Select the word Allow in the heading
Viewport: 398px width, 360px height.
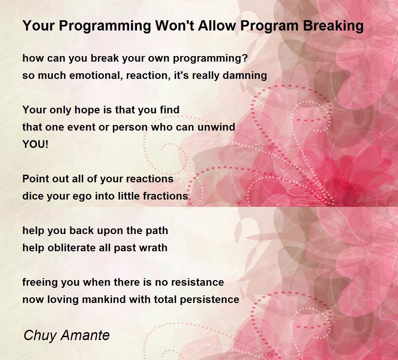[217, 26]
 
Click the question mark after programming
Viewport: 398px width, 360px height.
[245, 58]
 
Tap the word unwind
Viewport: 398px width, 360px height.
[216, 127]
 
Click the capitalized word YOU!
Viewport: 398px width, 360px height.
[35, 144]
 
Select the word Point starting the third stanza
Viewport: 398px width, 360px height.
[36, 179]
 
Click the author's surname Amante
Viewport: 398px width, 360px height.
[85, 335]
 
